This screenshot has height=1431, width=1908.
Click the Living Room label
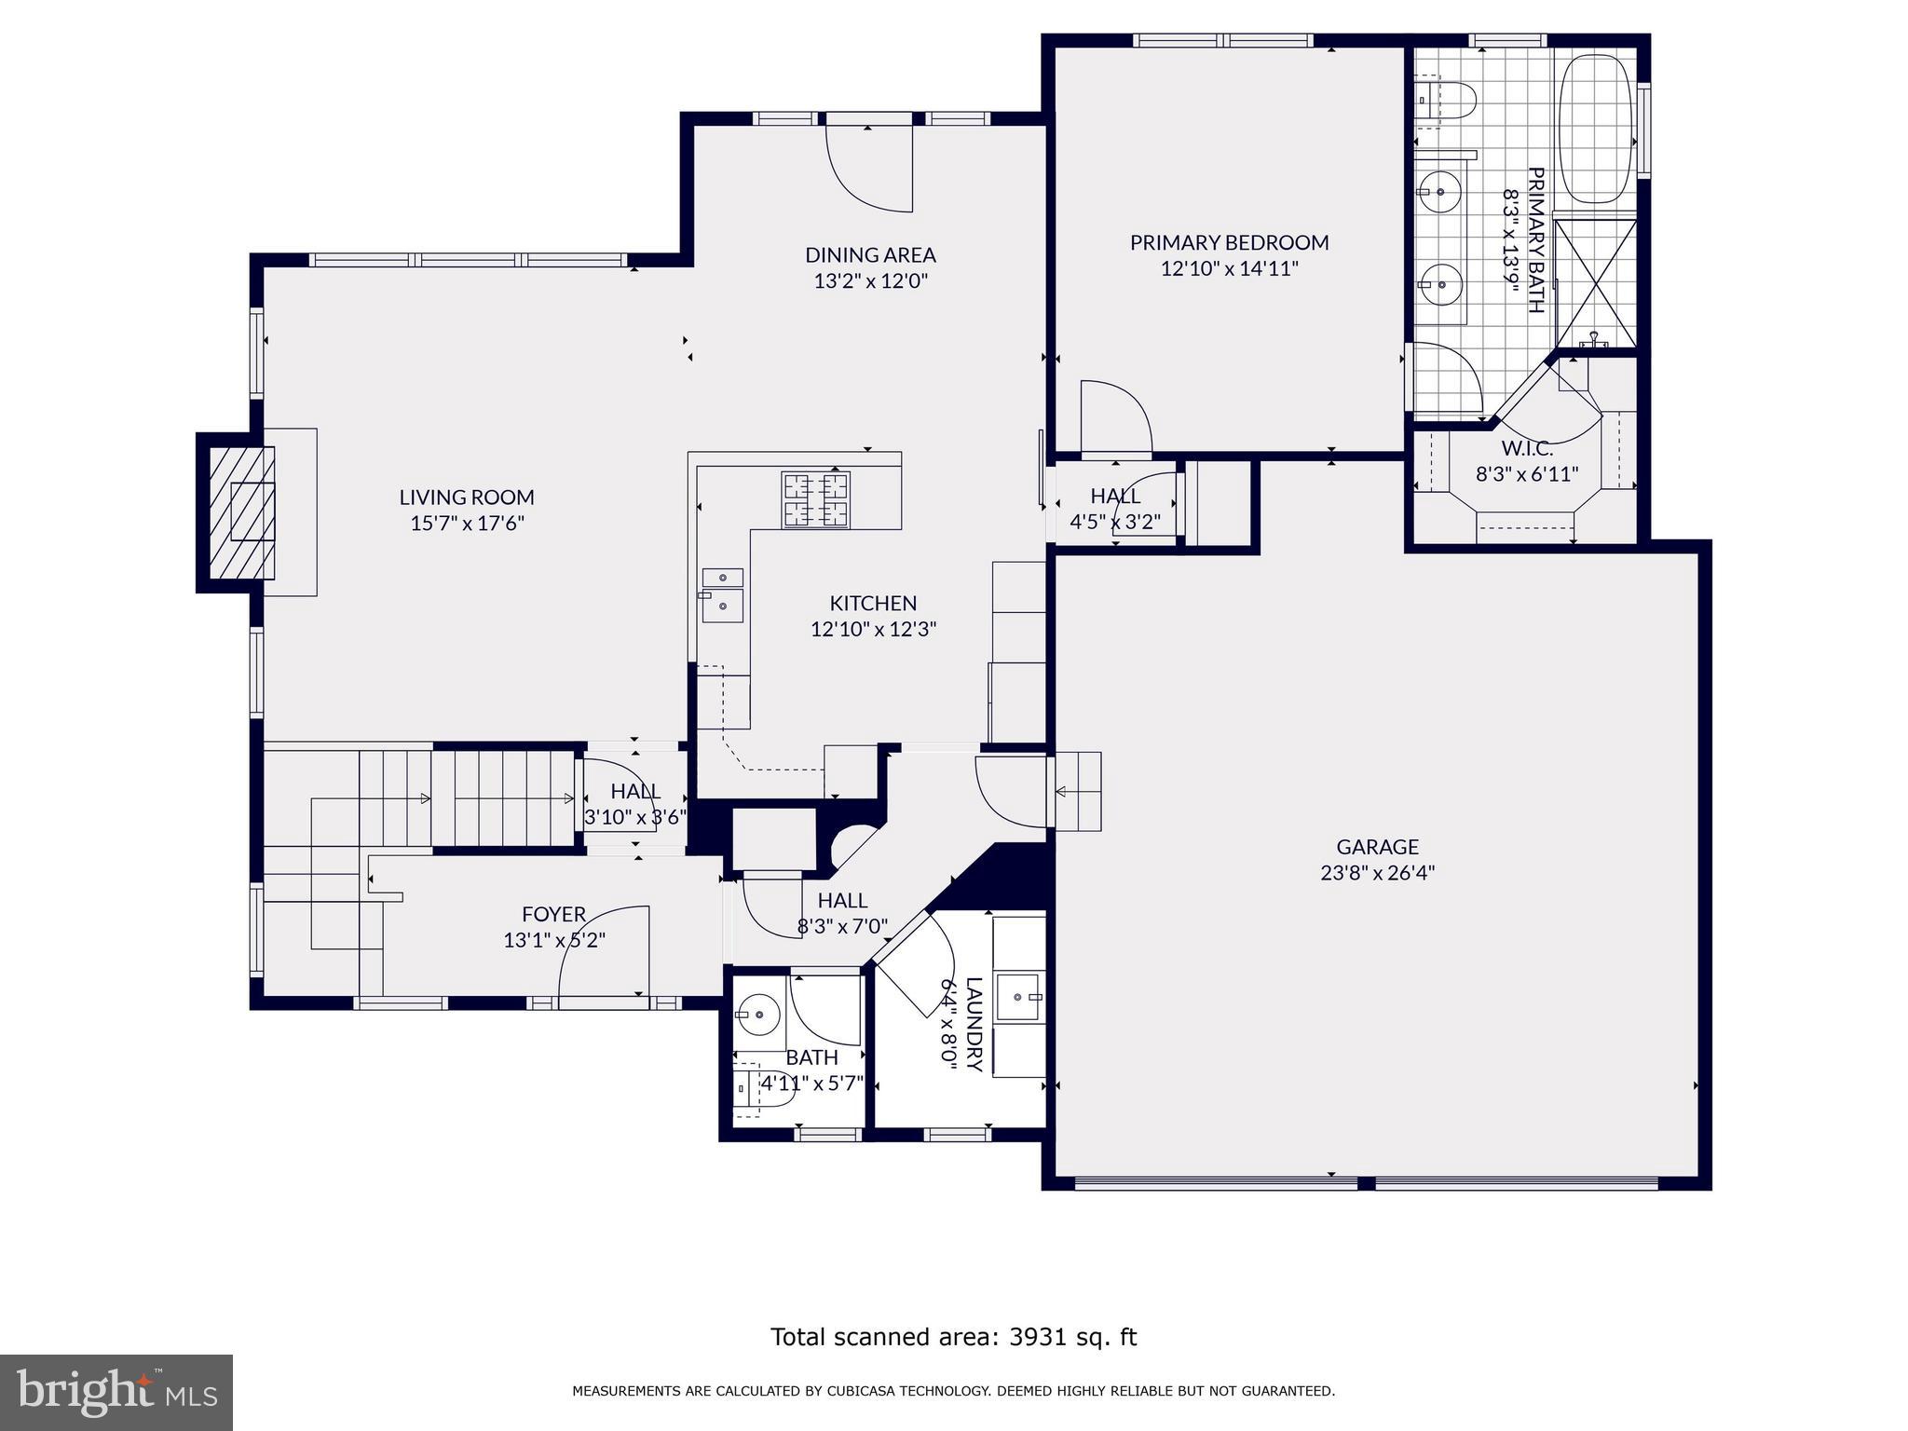(x=467, y=497)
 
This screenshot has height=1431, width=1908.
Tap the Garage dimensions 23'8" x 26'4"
(x=1377, y=873)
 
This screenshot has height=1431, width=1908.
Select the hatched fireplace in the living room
(x=241, y=511)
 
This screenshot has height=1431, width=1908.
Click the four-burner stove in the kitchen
(x=816, y=500)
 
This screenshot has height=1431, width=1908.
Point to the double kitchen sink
(x=723, y=593)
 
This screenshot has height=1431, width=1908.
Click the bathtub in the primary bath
(x=1596, y=129)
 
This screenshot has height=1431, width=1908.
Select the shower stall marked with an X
(x=1596, y=282)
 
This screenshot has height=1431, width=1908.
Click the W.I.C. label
(x=1526, y=449)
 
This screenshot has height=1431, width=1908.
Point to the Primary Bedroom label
(x=1229, y=243)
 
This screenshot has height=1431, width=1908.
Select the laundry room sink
(x=1019, y=996)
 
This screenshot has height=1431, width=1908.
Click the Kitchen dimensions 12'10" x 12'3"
(x=873, y=630)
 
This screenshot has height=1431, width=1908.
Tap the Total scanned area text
(x=953, y=1337)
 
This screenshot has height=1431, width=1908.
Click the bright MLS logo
(x=116, y=1392)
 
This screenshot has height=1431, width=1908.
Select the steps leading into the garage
(x=1078, y=791)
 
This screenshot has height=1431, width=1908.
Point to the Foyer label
(x=553, y=915)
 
